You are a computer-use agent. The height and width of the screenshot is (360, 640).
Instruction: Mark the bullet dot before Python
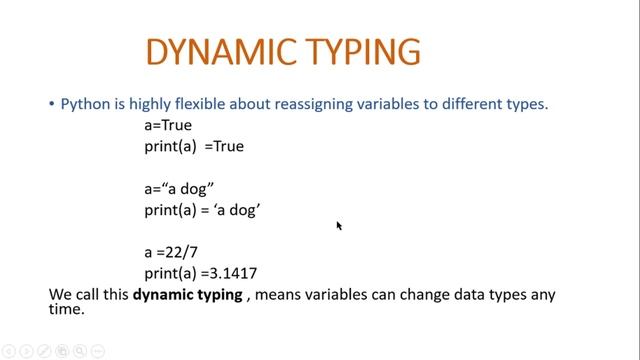click(x=52, y=104)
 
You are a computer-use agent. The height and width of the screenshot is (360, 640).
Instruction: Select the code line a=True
click(x=168, y=126)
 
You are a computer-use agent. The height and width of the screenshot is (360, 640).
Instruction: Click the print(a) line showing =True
click(x=194, y=146)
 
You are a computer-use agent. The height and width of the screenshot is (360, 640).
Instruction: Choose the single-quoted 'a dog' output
click(x=236, y=209)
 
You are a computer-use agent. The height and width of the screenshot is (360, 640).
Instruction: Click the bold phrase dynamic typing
click(x=187, y=295)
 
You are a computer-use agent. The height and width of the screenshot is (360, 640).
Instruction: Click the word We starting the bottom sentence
click(x=61, y=295)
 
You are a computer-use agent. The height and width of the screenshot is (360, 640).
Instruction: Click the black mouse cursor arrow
click(x=339, y=226)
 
